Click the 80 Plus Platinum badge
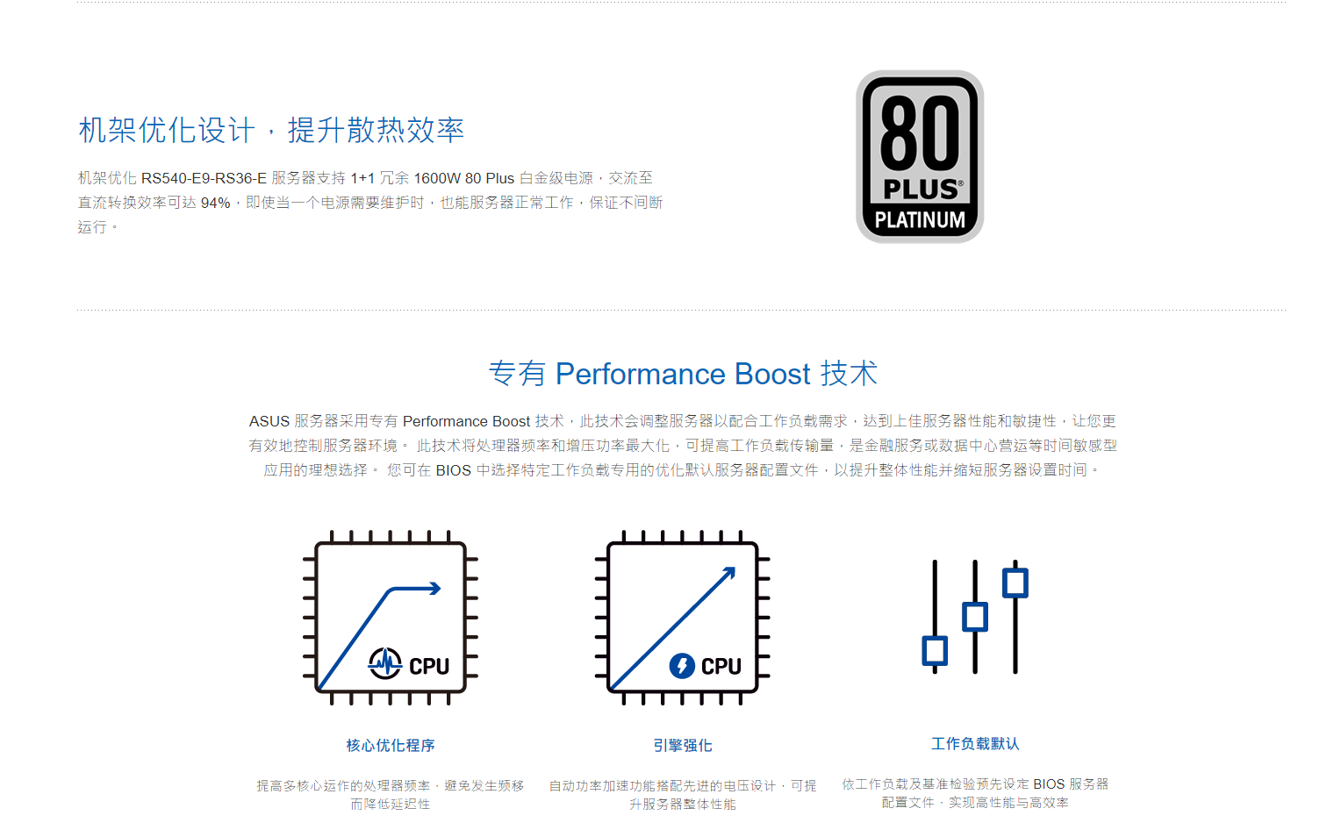[920, 156]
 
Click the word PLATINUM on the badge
[920, 220]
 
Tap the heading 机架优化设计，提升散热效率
[271, 130]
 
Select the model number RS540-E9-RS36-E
[204, 178]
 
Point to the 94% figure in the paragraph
[216, 203]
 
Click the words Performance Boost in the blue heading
[683, 374]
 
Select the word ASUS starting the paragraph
[269, 421]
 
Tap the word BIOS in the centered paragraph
[453, 470]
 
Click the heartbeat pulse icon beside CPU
[384, 662]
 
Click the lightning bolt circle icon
[682, 665]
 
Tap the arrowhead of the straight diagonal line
[729, 573]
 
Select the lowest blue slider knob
[935, 650]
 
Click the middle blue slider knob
[975, 616]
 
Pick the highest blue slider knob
[1015, 583]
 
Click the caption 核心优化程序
[391, 746]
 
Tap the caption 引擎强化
[683, 746]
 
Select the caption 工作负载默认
[975, 744]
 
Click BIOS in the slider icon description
[1049, 784]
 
